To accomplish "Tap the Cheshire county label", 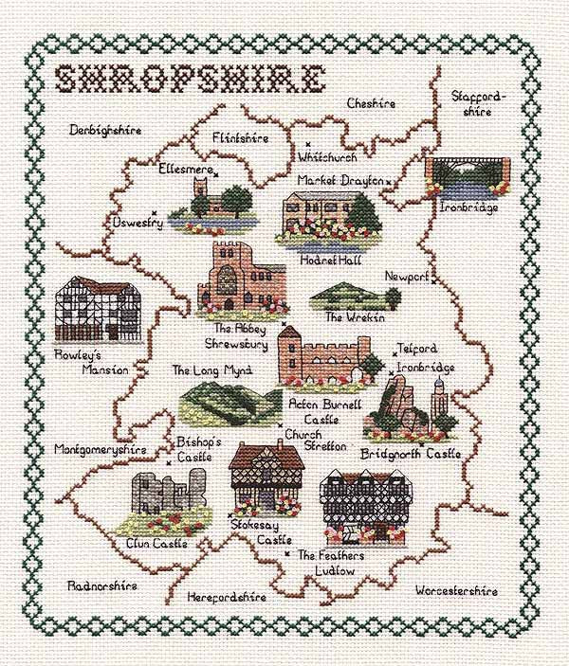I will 370,102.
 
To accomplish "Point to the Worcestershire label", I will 455,591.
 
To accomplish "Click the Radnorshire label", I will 102,585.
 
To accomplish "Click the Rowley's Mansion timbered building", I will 95,310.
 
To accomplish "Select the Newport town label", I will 405,276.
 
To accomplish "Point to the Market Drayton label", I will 340,179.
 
